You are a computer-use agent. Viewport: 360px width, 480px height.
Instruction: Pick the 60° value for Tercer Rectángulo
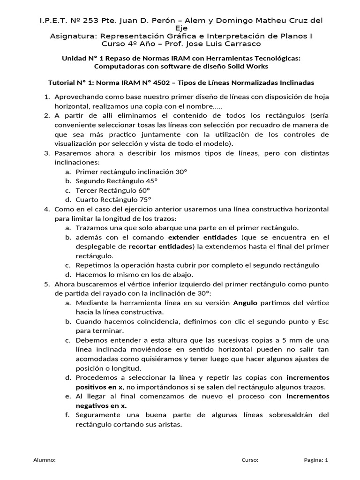tap(143, 190)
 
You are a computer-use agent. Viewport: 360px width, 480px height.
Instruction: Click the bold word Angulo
tap(245, 303)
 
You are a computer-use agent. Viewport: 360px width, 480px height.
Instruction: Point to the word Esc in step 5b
tap(323, 322)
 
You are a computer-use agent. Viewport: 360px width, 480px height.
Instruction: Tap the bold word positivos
tap(94, 387)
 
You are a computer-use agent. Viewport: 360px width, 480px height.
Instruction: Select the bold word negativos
tap(94, 405)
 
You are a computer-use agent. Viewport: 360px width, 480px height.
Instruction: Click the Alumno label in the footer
tap(45, 460)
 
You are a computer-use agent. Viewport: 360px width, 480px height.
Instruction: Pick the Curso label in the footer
tap(250, 460)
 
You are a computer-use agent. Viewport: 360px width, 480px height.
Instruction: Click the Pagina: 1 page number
tap(315, 460)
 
